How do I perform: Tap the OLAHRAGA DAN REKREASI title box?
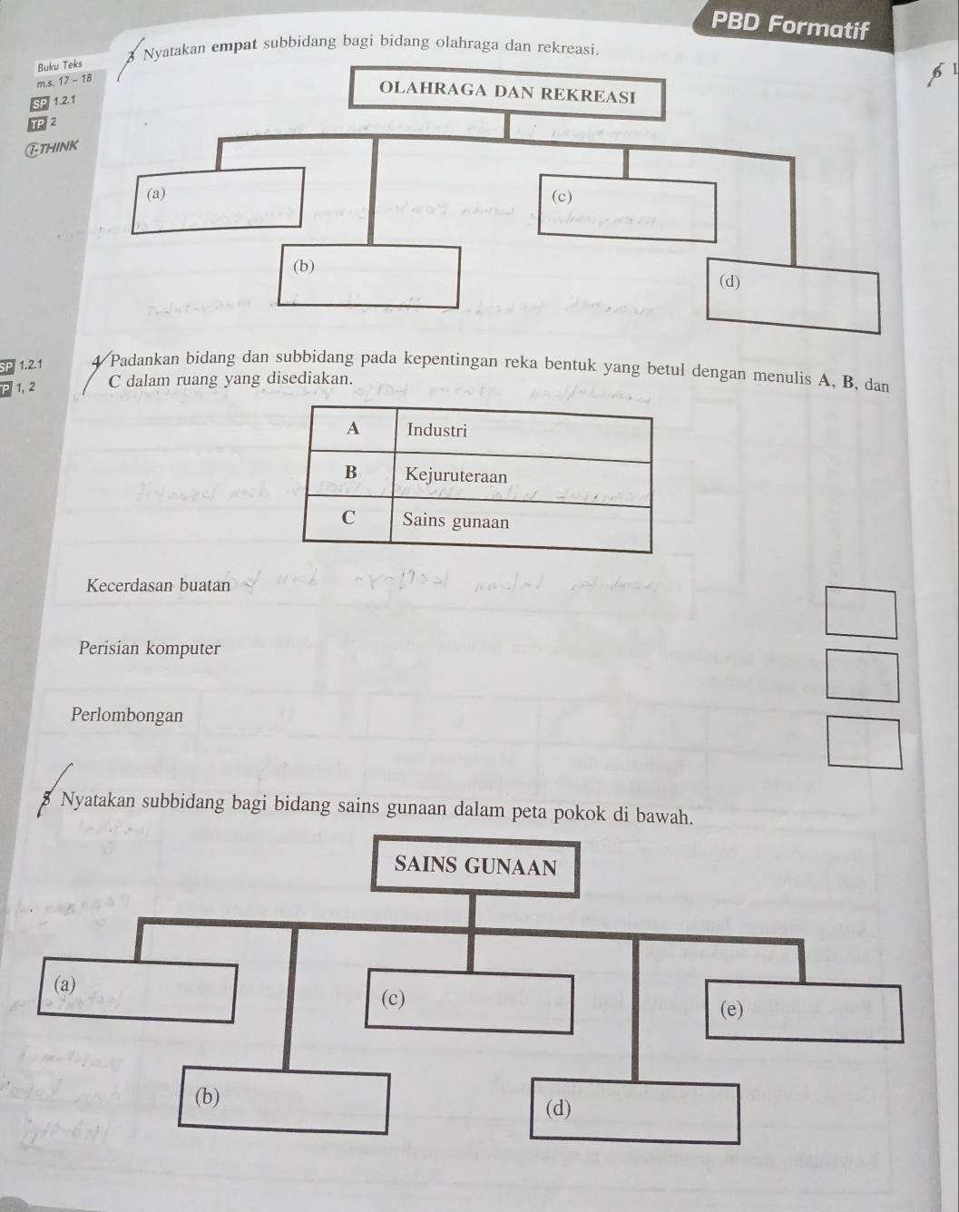click(x=507, y=93)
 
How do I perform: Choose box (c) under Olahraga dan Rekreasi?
click(x=627, y=210)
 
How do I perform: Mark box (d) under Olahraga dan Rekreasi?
click(x=794, y=299)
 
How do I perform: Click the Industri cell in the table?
click(x=524, y=433)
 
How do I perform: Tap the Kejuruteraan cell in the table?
click(x=522, y=477)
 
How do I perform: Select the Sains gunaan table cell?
click(x=520, y=523)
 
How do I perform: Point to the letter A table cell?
click(x=352, y=430)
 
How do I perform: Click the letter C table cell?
click(x=347, y=519)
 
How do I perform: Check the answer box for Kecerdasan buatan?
click(x=860, y=614)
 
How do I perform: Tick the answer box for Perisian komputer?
click(x=863, y=677)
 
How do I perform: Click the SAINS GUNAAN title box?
click(x=475, y=867)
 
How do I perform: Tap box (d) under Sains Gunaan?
click(x=634, y=1111)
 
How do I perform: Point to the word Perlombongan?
click(x=127, y=716)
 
